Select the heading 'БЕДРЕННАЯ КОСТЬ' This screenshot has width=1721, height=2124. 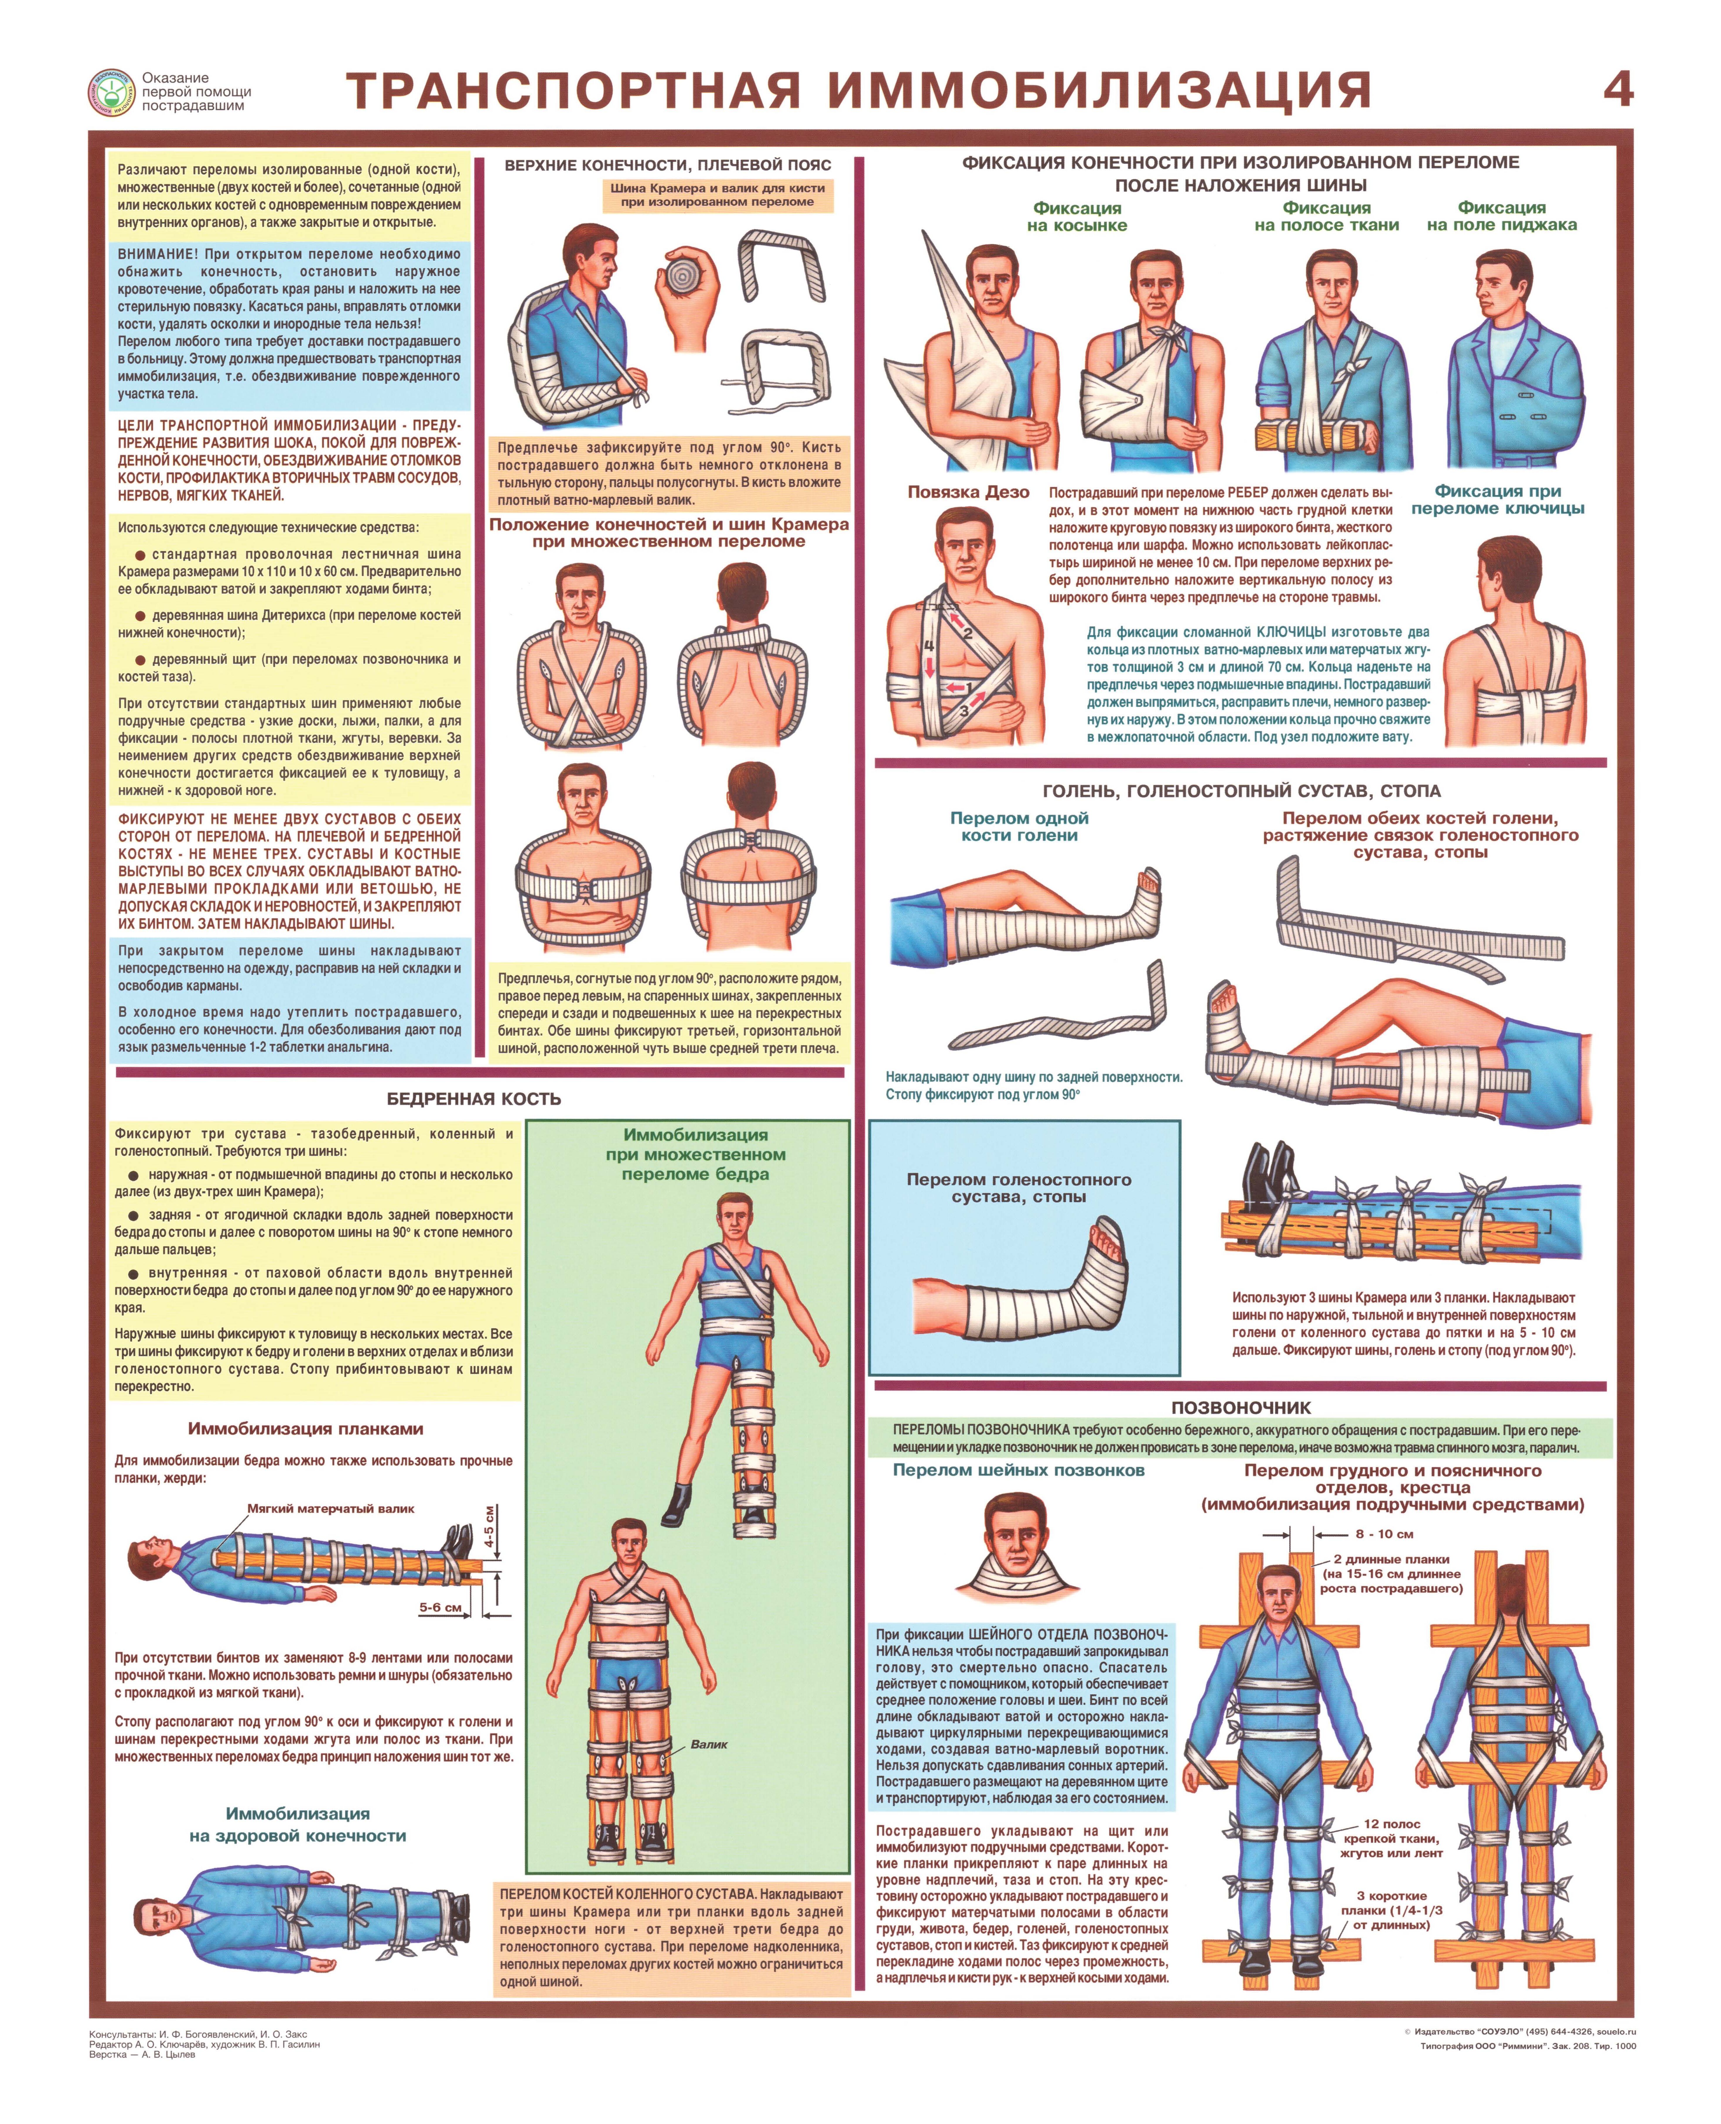474,1098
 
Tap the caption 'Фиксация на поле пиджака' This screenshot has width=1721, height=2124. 1502,216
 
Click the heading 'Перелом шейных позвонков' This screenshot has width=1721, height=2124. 1018,1471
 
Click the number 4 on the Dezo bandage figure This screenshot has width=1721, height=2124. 929,645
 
